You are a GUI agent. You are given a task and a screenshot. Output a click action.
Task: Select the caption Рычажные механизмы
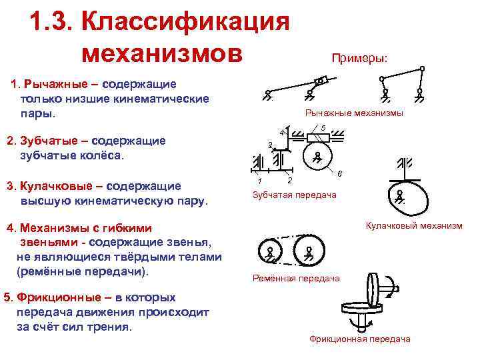pos(353,113)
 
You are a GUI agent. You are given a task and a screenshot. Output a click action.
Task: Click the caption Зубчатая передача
pos(294,195)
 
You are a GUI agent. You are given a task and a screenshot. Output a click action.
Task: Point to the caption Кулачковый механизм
pos(413,226)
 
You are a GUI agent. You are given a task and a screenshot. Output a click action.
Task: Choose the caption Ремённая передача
pos(296,278)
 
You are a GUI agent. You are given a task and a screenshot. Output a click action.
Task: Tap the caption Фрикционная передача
pos(359,339)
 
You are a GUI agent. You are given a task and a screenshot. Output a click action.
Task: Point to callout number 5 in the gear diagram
pos(322,128)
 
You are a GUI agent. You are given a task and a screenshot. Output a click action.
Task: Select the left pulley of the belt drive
pos(269,251)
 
